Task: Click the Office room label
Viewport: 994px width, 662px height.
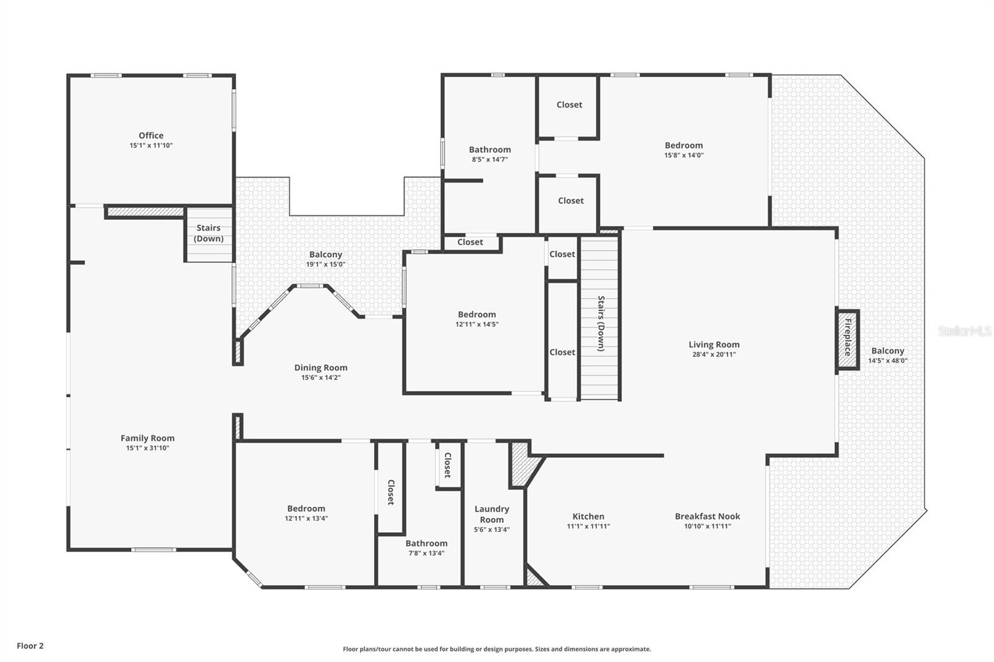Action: [151, 135]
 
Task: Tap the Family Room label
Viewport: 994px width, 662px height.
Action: [147, 438]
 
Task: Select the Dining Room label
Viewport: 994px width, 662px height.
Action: [321, 368]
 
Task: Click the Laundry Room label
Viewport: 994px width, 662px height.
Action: [491, 514]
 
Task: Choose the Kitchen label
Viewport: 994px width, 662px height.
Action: [588, 516]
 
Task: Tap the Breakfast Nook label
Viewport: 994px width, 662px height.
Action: [707, 516]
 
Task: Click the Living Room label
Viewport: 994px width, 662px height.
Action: [714, 345]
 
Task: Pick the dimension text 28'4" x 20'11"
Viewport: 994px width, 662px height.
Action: [714, 355]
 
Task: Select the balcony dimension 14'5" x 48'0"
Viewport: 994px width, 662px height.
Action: [887, 360]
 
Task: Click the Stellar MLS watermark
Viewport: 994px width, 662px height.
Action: [965, 332]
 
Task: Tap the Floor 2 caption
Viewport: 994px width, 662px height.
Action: [30, 646]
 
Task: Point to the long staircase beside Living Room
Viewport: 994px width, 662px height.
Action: [600, 318]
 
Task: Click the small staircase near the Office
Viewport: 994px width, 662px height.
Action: [209, 234]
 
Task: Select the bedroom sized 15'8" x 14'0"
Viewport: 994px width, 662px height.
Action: [683, 150]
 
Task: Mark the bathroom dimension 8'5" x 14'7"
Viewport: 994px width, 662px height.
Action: [490, 160]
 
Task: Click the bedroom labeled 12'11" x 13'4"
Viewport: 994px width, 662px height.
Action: [306, 513]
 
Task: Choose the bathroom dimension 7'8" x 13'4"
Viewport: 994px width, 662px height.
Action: [426, 553]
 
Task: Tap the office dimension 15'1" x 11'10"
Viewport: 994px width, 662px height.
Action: [151, 145]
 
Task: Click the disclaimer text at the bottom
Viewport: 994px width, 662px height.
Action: [497, 649]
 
